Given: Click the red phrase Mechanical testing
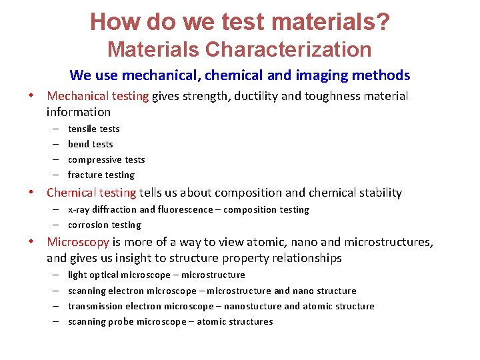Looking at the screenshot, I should [98, 96].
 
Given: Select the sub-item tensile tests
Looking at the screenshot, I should [94, 129].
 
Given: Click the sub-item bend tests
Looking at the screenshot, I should [91, 144].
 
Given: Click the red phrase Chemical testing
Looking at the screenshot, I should [91, 193].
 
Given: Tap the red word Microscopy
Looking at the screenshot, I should [77, 241].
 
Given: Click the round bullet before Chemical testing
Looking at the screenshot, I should [31, 193].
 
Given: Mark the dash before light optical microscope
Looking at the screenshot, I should [53, 275].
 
